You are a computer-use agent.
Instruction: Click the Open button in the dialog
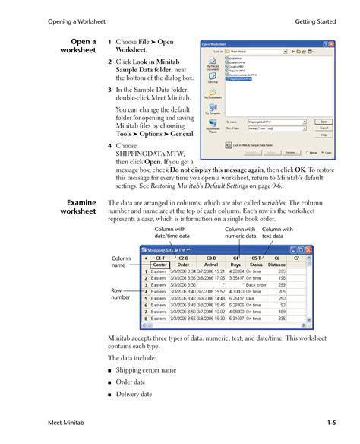coord(324,120)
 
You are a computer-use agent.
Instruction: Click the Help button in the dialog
coord(324,134)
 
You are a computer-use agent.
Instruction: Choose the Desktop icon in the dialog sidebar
coord(212,79)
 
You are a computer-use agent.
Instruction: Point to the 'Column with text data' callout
coord(278,233)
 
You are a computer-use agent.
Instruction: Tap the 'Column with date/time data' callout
coord(173,233)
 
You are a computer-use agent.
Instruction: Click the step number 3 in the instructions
coord(110,90)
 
